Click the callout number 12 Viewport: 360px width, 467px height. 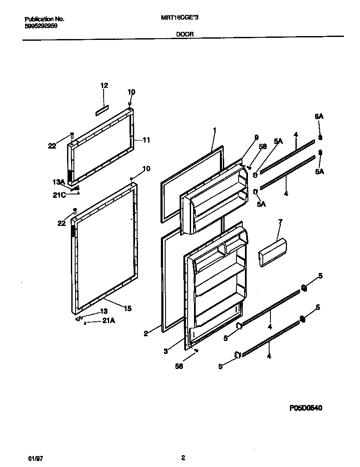(104, 85)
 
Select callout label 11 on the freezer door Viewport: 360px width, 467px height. (146, 140)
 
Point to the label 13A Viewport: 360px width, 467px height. (58, 182)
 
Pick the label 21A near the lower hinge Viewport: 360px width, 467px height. (108, 321)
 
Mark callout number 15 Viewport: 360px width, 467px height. (127, 309)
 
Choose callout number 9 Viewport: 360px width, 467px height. (256, 137)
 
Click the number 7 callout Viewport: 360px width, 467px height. (280, 222)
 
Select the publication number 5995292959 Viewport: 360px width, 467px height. (41, 25)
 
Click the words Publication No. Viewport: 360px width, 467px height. (45, 19)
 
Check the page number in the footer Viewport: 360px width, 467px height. (183, 458)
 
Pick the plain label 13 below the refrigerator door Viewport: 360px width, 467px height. (104, 311)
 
